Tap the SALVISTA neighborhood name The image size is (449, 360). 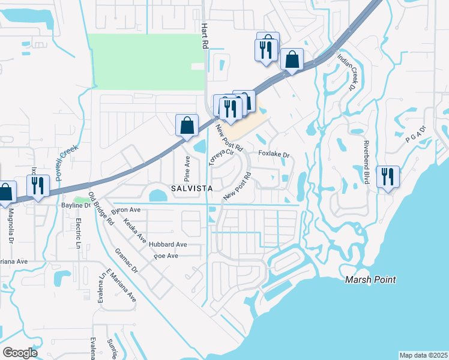point(191,188)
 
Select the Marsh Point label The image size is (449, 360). point(370,280)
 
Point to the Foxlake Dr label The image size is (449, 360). point(274,155)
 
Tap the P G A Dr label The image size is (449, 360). point(415,137)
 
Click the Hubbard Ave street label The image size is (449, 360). point(170,245)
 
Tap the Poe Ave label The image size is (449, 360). point(166,256)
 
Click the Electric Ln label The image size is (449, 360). point(79,233)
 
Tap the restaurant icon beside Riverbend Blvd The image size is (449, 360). point(387,176)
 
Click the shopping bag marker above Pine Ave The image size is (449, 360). point(187,126)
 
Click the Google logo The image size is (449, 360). point(20,353)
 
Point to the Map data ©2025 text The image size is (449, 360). point(423,355)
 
